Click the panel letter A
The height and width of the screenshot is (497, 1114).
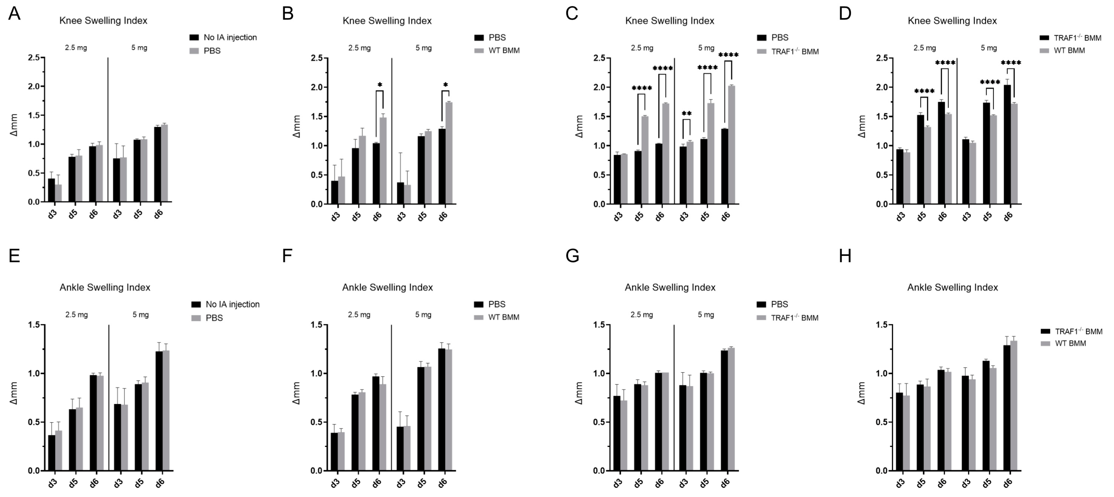pos(14,14)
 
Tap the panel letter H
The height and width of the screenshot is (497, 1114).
pos(845,256)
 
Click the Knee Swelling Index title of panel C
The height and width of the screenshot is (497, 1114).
pos(670,21)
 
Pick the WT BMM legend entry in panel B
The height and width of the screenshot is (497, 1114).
pos(504,51)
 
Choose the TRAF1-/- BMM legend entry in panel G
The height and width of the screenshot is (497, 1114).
pos(794,318)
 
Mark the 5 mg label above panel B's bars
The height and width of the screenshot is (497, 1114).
pos(423,48)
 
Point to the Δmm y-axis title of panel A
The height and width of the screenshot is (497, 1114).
pos(14,125)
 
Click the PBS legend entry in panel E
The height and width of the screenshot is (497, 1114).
pos(214,318)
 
